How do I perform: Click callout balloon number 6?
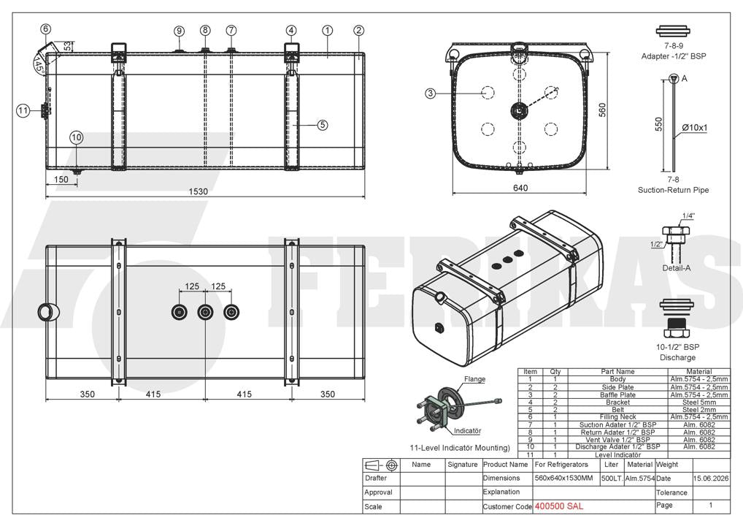point(45,29)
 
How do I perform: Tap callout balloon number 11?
point(23,111)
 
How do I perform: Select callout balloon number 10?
point(77,137)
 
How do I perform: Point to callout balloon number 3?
point(430,94)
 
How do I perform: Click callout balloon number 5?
point(322,125)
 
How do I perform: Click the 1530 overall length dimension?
point(198,191)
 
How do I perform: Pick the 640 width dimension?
point(520,188)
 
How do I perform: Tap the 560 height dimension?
point(602,110)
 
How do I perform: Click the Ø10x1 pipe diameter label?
point(695,128)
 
